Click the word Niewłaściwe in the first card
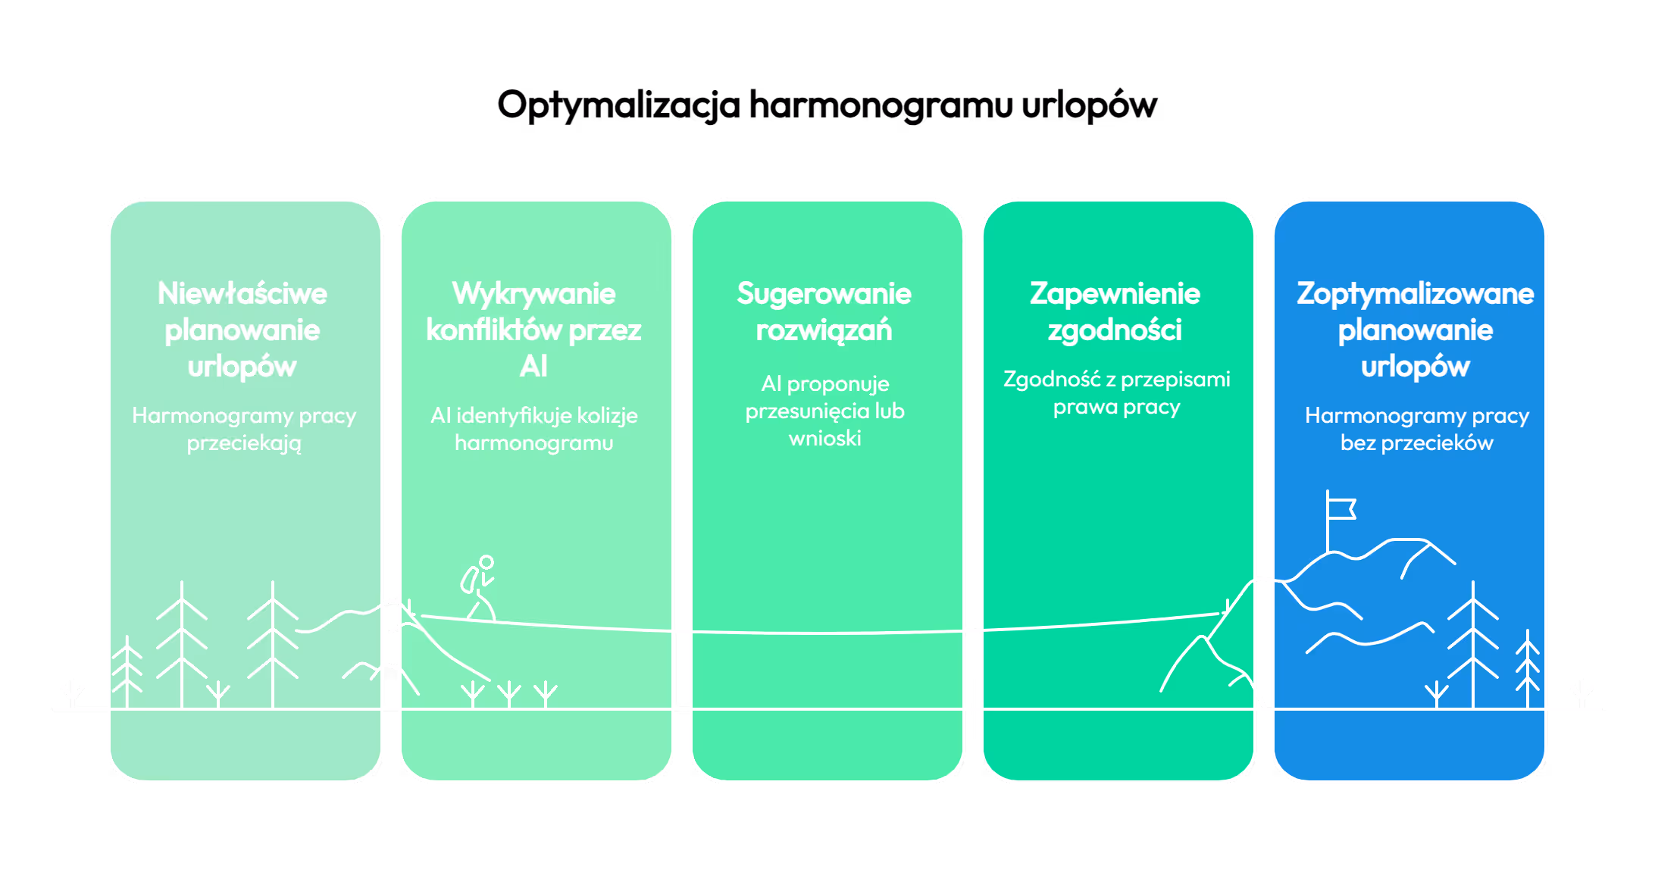[x=242, y=294]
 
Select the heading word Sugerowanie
[x=824, y=294]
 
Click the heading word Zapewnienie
[x=1115, y=294]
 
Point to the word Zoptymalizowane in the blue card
[x=1415, y=294]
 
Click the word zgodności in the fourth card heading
[x=1115, y=330]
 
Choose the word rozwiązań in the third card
[x=824, y=330]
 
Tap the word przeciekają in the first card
[x=244, y=443]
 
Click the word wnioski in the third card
[x=824, y=439]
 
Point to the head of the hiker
[x=486, y=562]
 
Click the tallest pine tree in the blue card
[x=1472, y=644]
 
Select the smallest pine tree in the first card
[x=127, y=671]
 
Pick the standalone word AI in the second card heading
[x=533, y=367]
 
